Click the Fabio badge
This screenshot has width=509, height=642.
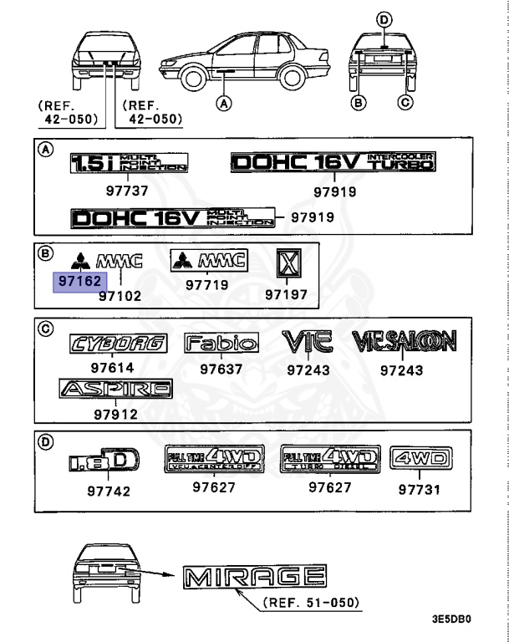click(x=221, y=342)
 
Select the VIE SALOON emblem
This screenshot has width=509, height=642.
click(x=404, y=341)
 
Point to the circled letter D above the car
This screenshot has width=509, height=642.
click(x=384, y=20)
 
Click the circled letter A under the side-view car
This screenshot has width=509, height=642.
click(x=222, y=104)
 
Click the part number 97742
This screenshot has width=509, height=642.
click(x=109, y=491)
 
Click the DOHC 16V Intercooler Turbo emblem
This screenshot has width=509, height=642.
click(x=333, y=162)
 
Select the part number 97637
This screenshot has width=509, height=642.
click(x=221, y=368)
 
